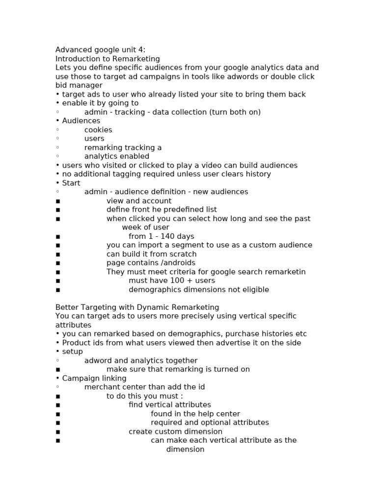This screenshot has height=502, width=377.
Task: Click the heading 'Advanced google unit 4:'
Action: tap(100, 50)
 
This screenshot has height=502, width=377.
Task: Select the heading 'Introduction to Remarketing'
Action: tap(108, 59)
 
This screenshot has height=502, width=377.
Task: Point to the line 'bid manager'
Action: tap(79, 85)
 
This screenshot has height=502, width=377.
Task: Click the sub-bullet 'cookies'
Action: tap(98, 130)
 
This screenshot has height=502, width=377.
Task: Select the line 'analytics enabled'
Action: tap(117, 156)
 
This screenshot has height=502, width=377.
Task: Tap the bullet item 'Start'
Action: tap(71, 183)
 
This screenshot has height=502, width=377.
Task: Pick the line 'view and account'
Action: tap(139, 201)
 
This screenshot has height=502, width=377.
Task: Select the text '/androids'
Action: tap(178, 263)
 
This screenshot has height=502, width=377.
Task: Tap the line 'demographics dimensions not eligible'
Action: tap(199, 289)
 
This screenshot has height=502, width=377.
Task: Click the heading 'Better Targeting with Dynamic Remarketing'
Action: tap(130, 307)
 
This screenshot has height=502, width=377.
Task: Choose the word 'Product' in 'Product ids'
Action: tap(76, 343)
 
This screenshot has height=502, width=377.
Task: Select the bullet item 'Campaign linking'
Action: tap(94, 378)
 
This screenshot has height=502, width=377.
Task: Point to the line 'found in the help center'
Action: tap(195, 414)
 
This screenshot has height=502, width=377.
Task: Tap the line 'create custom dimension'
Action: tap(175, 431)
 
